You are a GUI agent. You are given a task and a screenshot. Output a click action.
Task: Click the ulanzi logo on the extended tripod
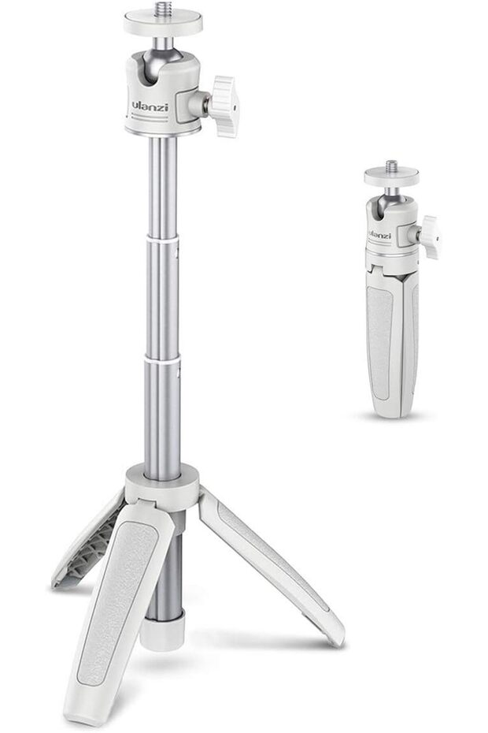tap(150, 106)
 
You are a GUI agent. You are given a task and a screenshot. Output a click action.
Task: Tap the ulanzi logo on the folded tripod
tap(379, 235)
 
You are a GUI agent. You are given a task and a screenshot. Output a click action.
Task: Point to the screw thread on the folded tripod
tap(391, 166)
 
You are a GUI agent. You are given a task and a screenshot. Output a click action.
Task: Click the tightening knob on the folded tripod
tap(430, 237)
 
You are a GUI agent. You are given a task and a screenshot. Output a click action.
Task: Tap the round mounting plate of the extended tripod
tap(163, 22)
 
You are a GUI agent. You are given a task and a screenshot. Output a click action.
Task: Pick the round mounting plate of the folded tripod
tap(391, 177)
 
